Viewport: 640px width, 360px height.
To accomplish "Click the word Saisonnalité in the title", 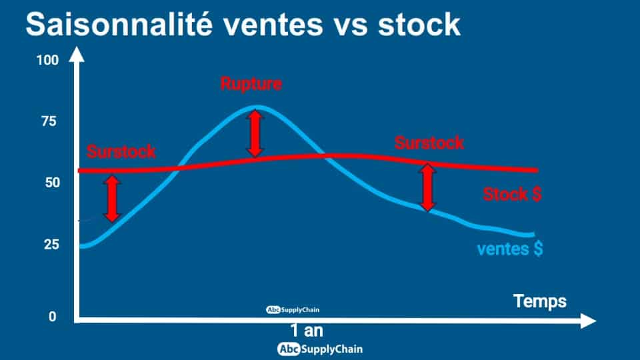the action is [x=119, y=25].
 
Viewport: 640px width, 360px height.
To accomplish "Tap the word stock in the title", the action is [x=419, y=25].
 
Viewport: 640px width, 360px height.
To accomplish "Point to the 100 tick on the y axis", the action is [x=48, y=61].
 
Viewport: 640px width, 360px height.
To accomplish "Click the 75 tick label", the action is [x=49, y=121].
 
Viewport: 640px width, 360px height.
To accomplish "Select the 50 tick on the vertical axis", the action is [x=52, y=183].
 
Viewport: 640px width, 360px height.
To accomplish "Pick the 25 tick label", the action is [x=52, y=245].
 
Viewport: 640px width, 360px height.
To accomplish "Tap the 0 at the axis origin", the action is [x=52, y=316].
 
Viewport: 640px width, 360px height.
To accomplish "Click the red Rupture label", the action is [x=251, y=84].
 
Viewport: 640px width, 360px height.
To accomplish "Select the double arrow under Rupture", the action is [x=255, y=133].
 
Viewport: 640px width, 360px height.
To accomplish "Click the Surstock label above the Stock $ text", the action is [x=429, y=143].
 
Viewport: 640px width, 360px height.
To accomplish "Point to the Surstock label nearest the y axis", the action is [x=121, y=151].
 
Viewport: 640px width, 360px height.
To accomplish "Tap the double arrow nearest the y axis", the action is [x=112, y=199].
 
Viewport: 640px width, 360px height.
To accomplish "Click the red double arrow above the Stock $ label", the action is [x=427, y=187].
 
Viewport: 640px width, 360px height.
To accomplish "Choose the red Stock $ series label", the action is [x=512, y=194].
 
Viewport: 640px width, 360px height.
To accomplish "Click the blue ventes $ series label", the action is [x=510, y=249].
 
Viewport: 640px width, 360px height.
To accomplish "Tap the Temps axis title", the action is [x=539, y=301].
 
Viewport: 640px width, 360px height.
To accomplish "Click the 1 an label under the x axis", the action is [x=307, y=331].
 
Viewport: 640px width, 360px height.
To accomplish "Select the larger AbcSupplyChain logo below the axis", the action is [x=320, y=349].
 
